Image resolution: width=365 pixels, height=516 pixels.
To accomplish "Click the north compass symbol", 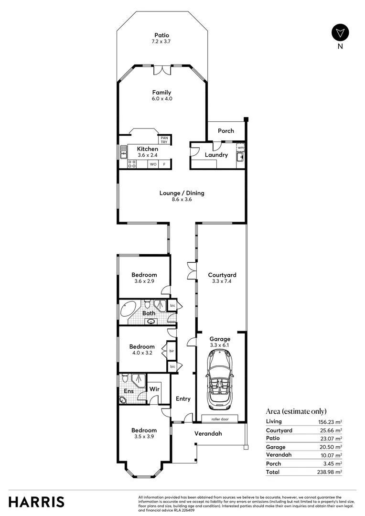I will [340, 32].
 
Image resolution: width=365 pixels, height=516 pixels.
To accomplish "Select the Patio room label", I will [161, 35].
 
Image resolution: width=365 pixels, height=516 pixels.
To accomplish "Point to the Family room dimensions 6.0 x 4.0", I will [161, 99].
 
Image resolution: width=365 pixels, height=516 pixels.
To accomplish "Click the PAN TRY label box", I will [164, 140].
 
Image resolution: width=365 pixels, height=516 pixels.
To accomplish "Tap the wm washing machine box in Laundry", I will [240, 148].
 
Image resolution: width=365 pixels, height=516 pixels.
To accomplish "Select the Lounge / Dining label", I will [182, 193].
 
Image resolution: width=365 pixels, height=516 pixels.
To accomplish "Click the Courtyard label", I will [222, 275].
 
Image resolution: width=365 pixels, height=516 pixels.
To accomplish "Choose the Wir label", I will [154, 389].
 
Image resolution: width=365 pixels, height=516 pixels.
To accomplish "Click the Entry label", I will [183, 399].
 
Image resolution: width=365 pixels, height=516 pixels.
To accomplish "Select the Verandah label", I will [208, 434].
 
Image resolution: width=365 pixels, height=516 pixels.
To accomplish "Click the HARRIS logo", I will [36, 502].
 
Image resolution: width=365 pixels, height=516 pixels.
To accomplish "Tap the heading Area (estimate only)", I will [296, 411].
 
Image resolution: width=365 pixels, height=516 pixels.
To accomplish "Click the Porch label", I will [226, 130].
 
